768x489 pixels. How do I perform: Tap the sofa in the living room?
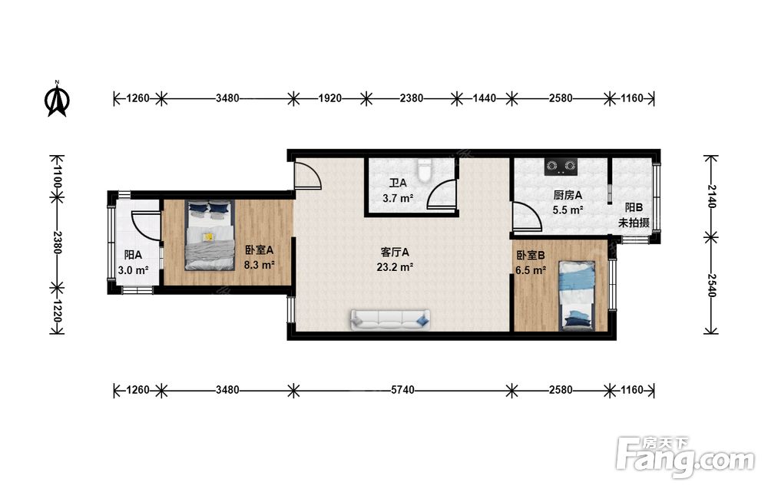tap(390, 319)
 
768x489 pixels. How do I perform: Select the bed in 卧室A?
tap(210, 235)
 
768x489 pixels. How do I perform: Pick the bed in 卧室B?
tap(578, 295)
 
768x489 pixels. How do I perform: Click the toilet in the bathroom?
tap(425, 170)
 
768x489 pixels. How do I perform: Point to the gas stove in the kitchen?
tap(561, 167)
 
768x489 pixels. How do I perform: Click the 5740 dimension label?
tap(402, 390)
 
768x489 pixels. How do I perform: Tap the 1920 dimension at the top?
tap(329, 98)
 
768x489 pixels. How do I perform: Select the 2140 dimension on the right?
tap(711, 196)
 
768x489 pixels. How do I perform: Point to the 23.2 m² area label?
tap(395, 267)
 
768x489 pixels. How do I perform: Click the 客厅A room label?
tap(395, 253)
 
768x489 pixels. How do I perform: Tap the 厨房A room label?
tap(568, 195)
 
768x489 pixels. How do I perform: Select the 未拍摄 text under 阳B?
tap(634, 223)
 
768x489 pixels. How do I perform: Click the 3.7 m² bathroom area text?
tap(398, 198)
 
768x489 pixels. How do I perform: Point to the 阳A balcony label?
tap(133, 255)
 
